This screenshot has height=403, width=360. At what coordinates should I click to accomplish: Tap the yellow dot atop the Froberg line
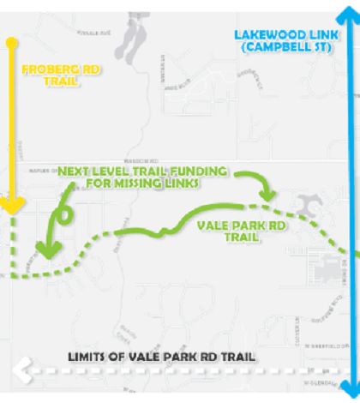[x=11, y=41]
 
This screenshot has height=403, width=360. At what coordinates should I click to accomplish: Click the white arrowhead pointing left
[x=19, y=371]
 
